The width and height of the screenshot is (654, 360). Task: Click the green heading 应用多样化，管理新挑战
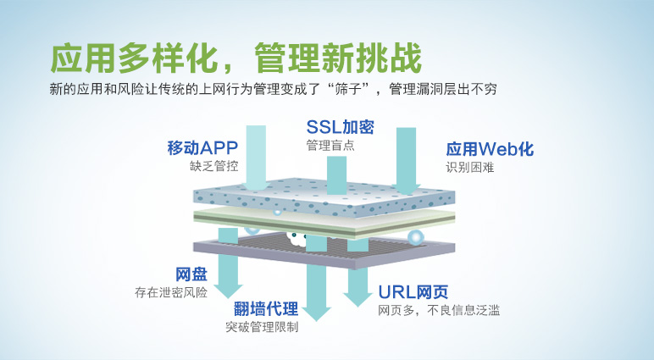236,58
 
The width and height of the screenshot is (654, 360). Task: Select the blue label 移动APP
202,147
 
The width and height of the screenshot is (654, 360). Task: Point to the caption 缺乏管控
214,166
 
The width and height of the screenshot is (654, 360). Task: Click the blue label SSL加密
340,127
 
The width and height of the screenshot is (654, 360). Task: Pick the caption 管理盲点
330,145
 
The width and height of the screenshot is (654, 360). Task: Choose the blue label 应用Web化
490,149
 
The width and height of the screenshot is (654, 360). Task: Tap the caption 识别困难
470,167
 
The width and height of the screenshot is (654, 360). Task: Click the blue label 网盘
191,274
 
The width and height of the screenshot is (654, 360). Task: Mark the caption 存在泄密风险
171,292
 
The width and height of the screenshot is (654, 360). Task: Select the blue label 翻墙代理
266,309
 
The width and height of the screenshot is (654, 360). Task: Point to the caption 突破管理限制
262,327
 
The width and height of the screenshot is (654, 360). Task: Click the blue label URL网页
413,292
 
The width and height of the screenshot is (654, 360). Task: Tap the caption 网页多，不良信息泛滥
439,310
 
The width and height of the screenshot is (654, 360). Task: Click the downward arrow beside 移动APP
256,158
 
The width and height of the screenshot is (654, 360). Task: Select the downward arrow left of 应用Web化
407,161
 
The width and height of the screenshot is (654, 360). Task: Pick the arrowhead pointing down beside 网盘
228,291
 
